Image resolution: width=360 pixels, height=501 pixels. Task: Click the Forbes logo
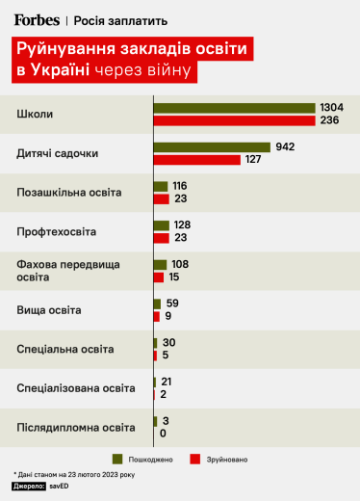pyautogui.click(x=36, y=19)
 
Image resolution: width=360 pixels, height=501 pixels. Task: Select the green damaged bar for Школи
pyautogui.click(x=235, y=108)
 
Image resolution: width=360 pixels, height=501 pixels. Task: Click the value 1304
pyautogui.click(x=332, y=108)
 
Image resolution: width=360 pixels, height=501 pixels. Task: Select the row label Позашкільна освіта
pyautogui.click(x=69, y=193)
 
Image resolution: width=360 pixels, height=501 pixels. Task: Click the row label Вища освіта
pyautogui.click(x=49, y=310)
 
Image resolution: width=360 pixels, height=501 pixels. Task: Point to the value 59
pyautogui.click(x=173, y=303)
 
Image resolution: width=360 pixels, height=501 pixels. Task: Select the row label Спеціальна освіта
pyautogui.click(x=65, y=349)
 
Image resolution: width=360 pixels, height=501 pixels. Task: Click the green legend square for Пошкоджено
pyautogui.click(x=117, y=458)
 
